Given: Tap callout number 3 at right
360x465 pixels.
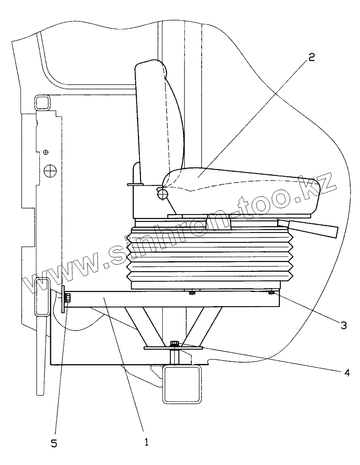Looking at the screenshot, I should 343,324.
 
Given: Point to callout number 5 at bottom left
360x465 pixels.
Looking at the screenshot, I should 54,444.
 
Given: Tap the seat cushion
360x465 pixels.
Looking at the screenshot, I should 240,188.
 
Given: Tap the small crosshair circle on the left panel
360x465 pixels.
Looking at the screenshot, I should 46,152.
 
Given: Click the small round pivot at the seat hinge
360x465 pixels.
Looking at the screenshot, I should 162,194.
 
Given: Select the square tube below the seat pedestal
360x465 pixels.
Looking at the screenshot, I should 182,383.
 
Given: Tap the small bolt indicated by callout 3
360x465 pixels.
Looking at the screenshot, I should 271,293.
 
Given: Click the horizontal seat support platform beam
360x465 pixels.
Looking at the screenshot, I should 171,298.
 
